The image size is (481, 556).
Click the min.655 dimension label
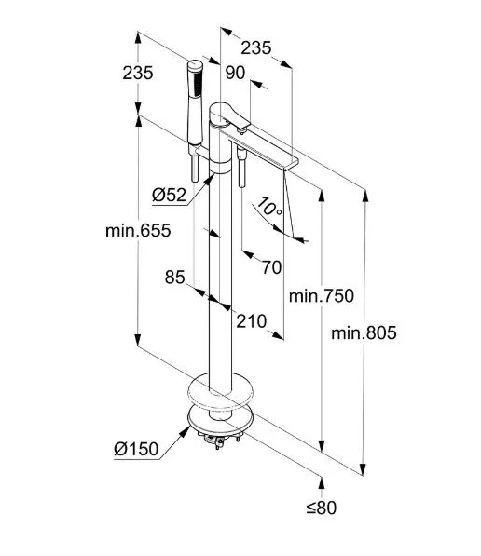point(138,230)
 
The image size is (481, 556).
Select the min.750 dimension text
point(322,295)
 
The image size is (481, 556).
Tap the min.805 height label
point(364,333)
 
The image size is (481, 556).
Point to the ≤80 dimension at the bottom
point(322,508)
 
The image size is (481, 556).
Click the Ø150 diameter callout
point(136,449)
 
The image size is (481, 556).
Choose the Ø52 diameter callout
point(170,195)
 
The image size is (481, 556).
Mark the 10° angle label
point(269,208)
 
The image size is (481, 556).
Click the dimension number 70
point(272,267)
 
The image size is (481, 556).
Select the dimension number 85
point(175,277)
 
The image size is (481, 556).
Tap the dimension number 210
point(252,321)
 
